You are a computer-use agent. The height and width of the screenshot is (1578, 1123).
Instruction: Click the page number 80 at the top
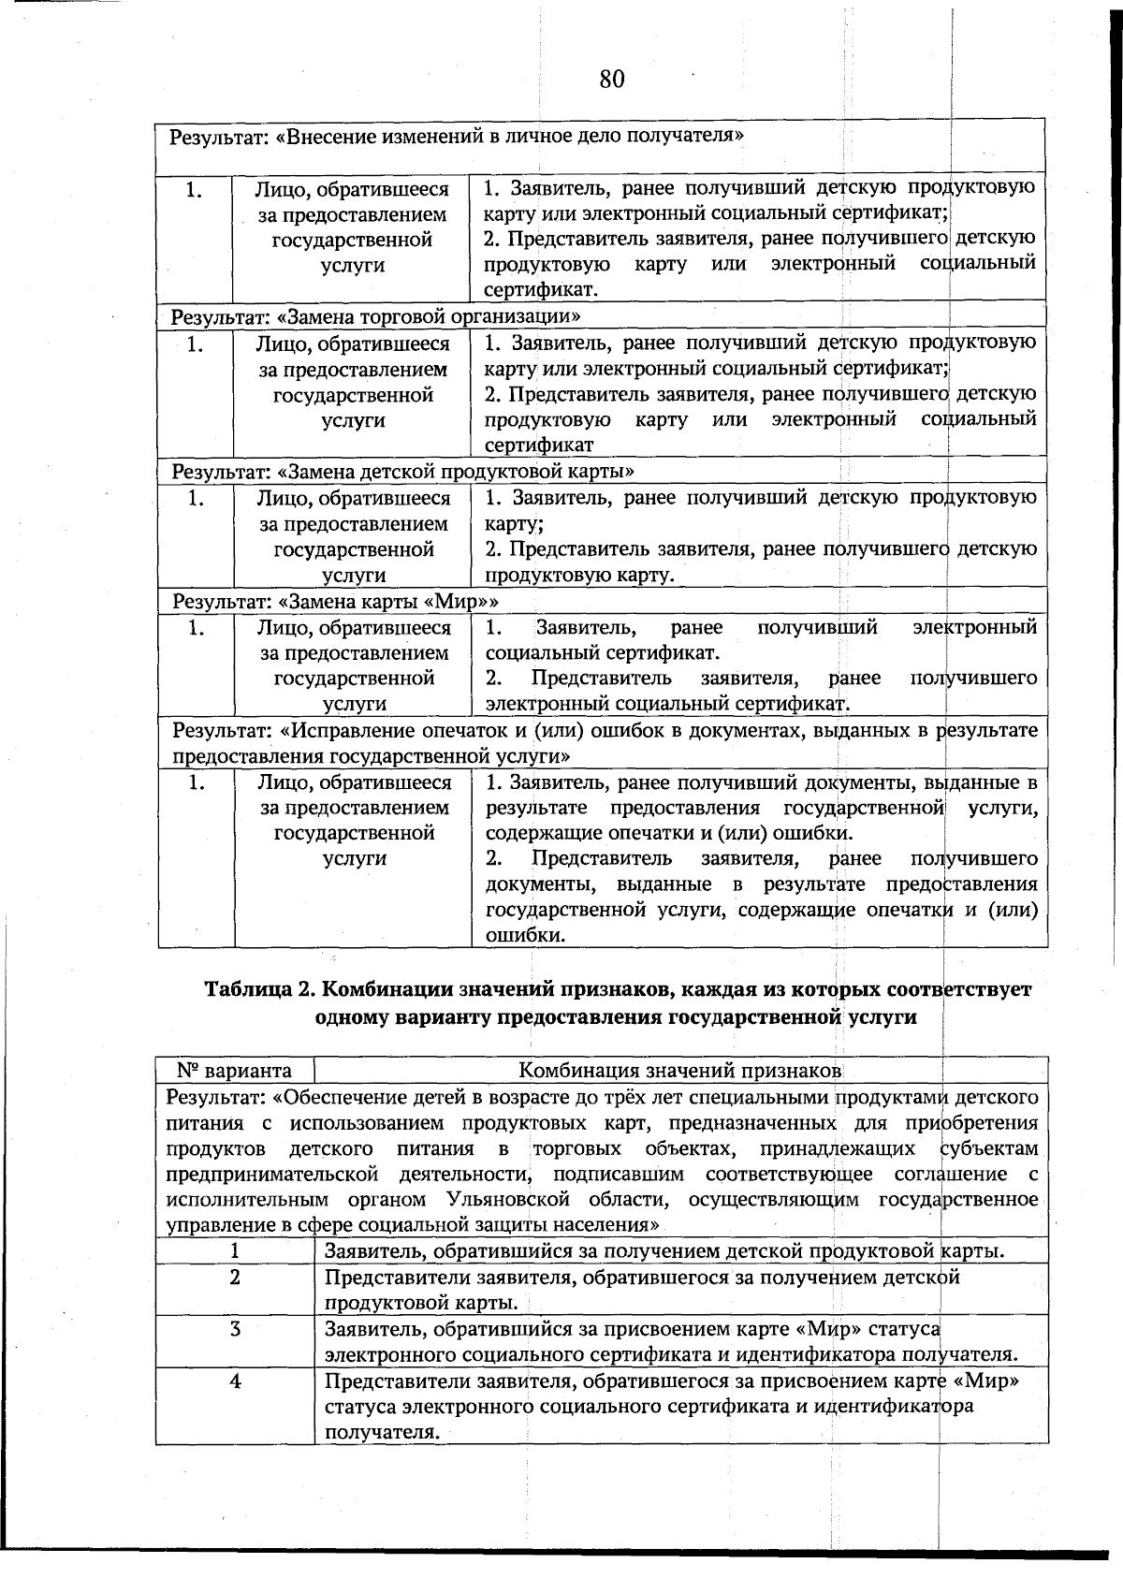click(611, 79)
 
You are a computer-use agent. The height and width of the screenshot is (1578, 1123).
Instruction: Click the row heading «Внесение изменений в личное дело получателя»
click(456, 137)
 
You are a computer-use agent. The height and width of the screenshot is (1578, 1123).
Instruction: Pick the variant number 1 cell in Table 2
click(235, 1251)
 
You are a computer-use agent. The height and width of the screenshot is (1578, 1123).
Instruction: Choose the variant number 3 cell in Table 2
click(235, 1329)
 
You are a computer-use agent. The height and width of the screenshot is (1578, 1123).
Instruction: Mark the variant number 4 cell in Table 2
click(235, 1381)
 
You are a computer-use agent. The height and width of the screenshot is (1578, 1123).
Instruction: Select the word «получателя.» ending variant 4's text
click(382, 1432)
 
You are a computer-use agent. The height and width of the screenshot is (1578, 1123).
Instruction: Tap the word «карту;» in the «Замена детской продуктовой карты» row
click(515, 523)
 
